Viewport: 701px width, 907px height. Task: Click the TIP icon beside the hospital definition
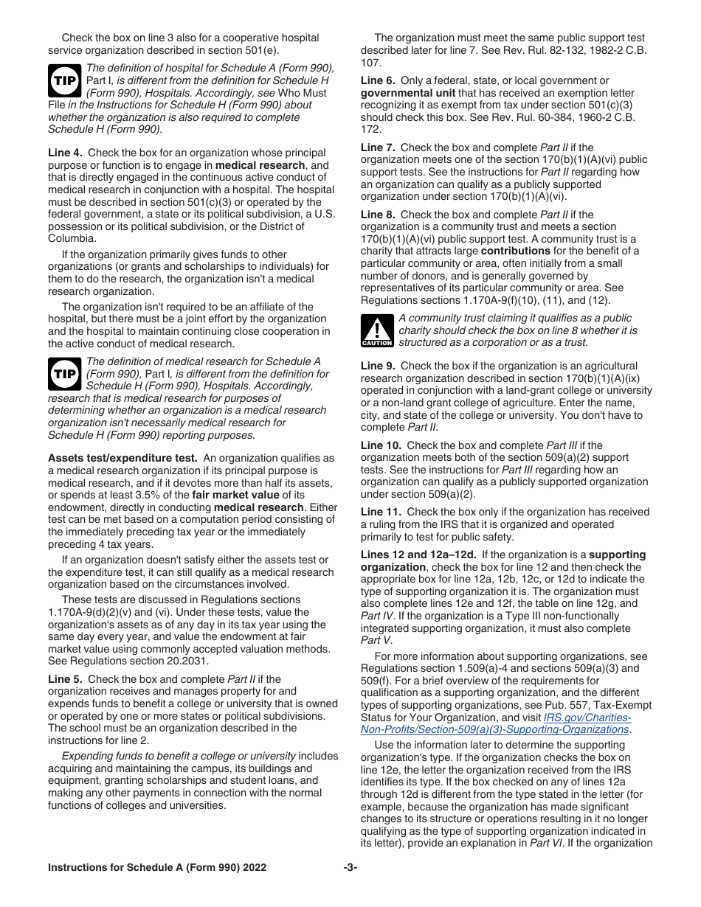pyautogui.click(x=64, y=81)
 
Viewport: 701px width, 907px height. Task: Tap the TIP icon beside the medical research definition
pyautogui.click(x=64, y=375)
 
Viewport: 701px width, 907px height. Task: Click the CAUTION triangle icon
pyautogui.click(x=377, y=330)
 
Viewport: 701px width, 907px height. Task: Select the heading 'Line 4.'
pyautogui.click(x=65, y=153)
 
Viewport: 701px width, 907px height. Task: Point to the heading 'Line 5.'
pyautogui.click(x=65, y=679)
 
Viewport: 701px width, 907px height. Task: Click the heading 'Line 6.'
pyautogui.click(x=378, y=80)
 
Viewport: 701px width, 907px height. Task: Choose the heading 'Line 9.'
pyautogui.click(x=378, y=366)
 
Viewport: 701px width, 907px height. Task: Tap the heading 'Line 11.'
pyautogui.click(x=381, y=512)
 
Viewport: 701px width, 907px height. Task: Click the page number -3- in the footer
pyautogui.click(x=350, y=868)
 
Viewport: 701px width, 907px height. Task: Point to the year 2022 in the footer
pyautogui.click(x=254, y=868)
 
